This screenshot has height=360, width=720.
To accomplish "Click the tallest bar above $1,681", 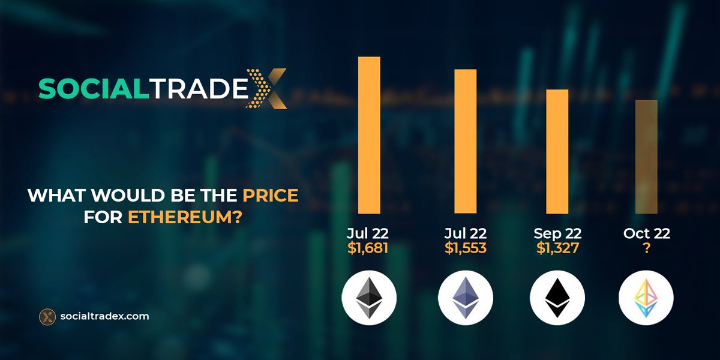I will [x=369, y=135].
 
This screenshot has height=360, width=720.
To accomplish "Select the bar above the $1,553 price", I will [x=465, y=141].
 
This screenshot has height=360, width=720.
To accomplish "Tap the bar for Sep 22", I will [x=557, y=151].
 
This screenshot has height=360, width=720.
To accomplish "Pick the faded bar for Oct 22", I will [x=646, y=156].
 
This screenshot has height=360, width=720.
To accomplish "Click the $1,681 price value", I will [x=368, y=248].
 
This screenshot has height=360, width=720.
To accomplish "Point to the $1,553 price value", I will [x=465, y=248].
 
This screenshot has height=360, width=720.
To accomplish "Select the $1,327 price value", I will [x=557, y=248].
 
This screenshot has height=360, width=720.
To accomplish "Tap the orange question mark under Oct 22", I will [x=646, y=248].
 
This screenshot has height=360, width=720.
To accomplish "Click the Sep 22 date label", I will [x=557, y=233].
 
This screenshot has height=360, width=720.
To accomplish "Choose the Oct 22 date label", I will [x=646, y=233].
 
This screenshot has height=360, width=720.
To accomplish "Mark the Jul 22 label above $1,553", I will [x=465, y=233].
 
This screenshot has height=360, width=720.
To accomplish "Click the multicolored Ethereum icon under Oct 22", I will [x=646, y=298].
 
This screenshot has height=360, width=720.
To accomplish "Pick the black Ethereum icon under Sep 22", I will [x=557, y=298].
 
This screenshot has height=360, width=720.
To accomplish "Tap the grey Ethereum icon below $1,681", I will [x=368, y=298].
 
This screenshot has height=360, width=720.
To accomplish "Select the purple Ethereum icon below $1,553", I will [x=465, y=298].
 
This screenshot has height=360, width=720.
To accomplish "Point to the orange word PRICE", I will [x=270, y=196].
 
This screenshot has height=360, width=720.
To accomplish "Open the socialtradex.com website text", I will [x=105, y=316].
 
